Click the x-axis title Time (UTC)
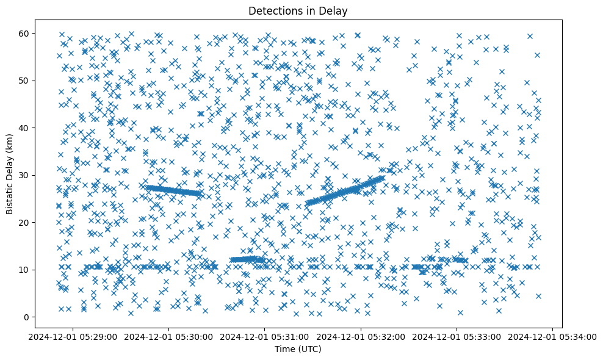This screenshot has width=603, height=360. (x=298, y=349)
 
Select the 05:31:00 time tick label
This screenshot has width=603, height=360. (x=265, y=336)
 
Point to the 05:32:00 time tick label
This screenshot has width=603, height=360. (x=361, y=336)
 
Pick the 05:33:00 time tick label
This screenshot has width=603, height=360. (x=457, y=336)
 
